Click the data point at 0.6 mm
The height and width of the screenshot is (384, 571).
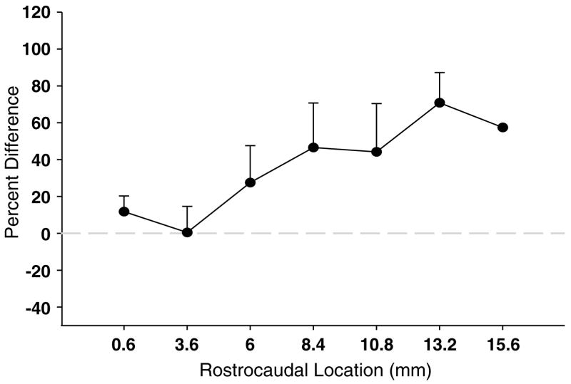[x=124, y=212]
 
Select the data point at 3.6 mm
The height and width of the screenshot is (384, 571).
[x=187, y=232]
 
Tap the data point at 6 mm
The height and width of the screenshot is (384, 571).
[x=251, y=182]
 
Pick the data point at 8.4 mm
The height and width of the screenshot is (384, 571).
[x=313, y=147]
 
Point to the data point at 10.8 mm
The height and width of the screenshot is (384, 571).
[x=377, y=152]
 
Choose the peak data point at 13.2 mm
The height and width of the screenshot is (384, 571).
[x=440, y=103]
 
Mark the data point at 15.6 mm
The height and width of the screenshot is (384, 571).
[x=502, y=128]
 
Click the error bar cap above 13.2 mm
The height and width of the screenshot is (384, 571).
[x=440, y=73]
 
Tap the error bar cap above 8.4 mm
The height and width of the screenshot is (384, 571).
[x=313, y=103]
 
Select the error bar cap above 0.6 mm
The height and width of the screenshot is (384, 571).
[x=124, y=196]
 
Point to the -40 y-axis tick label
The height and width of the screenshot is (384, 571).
[x=39, y=307]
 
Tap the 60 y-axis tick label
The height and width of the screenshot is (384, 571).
[x=43, y=123]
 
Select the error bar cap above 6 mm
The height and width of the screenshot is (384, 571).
[x=251, y=146]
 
